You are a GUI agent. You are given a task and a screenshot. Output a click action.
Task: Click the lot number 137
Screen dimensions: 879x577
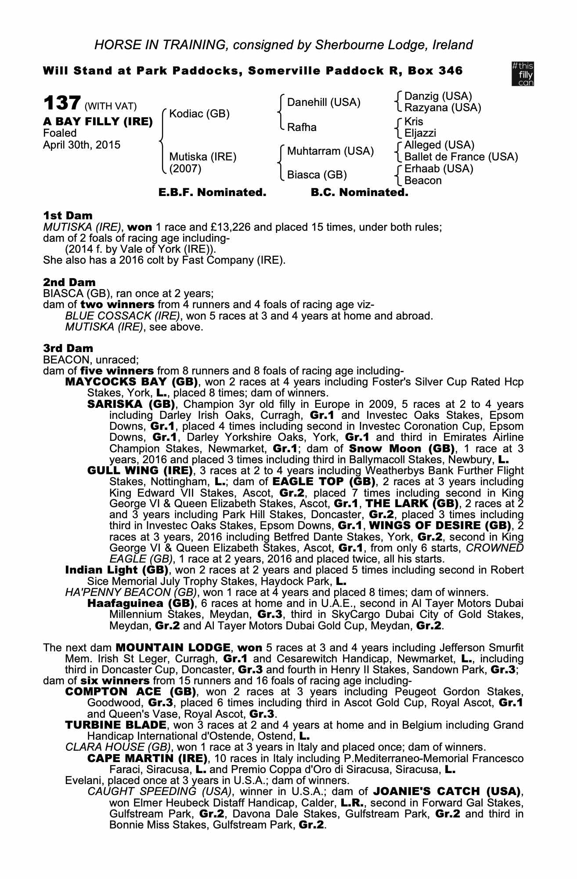[x=61, y=104]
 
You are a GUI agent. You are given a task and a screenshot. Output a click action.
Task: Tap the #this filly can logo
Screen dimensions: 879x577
[x=523, y=74]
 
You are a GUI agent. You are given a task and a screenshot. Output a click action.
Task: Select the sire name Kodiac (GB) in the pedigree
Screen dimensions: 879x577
[x=199, y=114]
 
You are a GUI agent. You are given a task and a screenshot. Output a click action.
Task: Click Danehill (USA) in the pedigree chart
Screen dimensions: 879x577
[x=324, y=102]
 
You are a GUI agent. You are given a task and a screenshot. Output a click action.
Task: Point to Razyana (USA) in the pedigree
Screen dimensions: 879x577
[x=443, y=108]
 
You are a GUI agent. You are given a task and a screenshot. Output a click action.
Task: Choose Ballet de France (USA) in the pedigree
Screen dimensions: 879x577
[x=461, y=157]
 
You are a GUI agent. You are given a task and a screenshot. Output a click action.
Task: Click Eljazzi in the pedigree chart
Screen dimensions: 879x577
[x=420, y=133]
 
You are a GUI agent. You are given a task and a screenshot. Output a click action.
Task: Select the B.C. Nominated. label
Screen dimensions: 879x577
[x=359, y=193]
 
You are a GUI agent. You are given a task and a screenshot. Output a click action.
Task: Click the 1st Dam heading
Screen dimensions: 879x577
[x=68, y=215]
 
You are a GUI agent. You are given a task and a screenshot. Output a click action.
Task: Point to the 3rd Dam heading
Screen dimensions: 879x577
[x=68, y=348]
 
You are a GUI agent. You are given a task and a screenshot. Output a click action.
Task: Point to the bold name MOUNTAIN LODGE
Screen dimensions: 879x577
[x=173, y=647]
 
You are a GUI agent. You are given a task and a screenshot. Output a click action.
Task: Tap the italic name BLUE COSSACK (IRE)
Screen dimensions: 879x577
[x=123, y=316]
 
